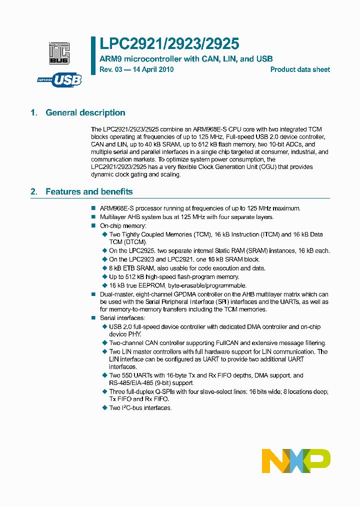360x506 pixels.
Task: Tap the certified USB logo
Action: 59,79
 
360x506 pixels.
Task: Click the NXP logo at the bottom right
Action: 296,461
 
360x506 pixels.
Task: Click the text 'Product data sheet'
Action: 300,69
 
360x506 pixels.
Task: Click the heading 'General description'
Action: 85,112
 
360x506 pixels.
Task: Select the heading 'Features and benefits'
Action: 89,191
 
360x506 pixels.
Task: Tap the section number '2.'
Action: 34,191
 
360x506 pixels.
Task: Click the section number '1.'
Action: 34,112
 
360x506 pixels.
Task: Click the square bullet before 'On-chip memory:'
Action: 93,226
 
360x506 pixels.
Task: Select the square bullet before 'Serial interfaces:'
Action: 93,318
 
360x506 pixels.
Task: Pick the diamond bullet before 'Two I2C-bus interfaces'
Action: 105,408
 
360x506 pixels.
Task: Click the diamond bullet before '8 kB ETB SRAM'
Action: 105,268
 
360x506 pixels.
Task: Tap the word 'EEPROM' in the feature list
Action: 148,285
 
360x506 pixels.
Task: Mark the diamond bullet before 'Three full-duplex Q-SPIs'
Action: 105,391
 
